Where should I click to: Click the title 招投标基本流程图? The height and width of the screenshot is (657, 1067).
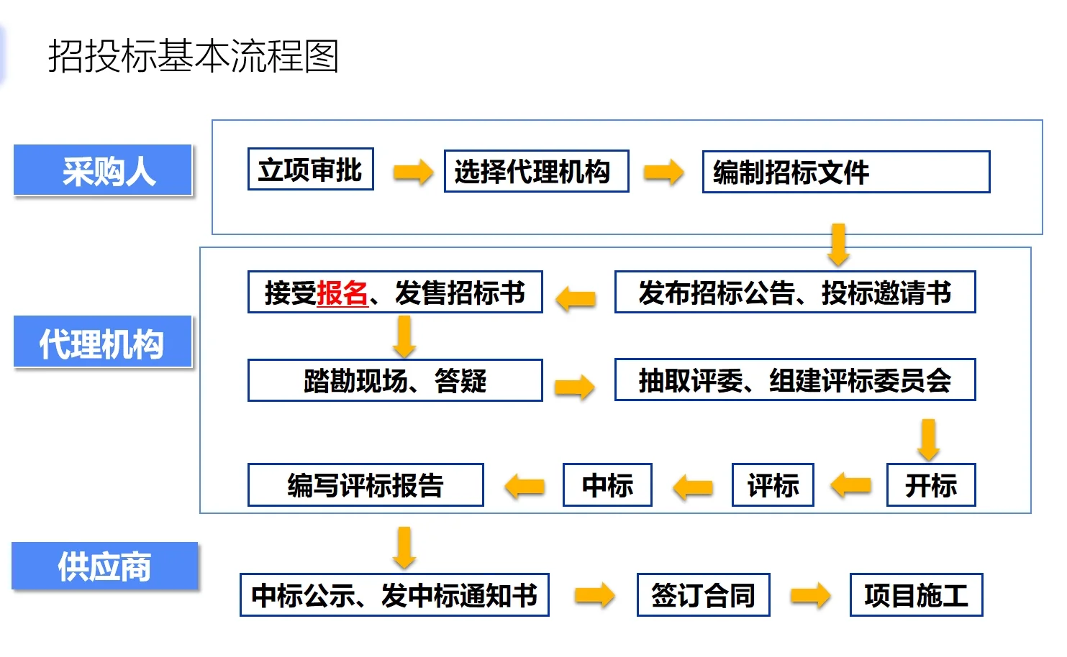[x=193, y=56]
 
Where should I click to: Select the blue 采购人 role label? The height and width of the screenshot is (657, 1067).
[x=103, y=170]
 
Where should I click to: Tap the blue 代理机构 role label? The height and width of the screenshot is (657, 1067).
[x=103, y=342]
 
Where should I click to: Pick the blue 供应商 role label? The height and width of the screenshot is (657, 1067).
[x=105, y=566]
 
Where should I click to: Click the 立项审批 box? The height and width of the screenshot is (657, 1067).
[x=310, y=170]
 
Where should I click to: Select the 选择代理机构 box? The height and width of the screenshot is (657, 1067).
[x=536, y=172]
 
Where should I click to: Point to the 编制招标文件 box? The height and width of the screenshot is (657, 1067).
[x=845, y=173]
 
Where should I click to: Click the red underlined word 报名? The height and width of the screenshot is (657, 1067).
[x=342, y=293]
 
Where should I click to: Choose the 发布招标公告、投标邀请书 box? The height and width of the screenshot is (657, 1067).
[x=794, y=293]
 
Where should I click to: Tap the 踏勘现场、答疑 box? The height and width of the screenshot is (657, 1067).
[x=394, y=380]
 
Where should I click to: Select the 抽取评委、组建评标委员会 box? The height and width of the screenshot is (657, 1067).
[x=794, y=380]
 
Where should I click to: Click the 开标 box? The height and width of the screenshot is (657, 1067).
[x=930, y=485]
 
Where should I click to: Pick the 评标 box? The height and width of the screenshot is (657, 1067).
[x=773, y=485]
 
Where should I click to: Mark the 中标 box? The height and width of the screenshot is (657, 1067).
[x=607, y=485]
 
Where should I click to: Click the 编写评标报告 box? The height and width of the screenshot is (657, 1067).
[x=365, y=485]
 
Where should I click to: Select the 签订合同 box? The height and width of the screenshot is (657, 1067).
[x=703, y=595]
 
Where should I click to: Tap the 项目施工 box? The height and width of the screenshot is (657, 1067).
[x=916, y=595]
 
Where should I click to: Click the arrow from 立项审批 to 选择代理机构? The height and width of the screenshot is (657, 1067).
[x=413, y=172]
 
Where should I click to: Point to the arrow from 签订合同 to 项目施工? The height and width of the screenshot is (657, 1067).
[x=810, y=595]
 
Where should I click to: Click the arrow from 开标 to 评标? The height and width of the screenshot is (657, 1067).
[x=850, y=485]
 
